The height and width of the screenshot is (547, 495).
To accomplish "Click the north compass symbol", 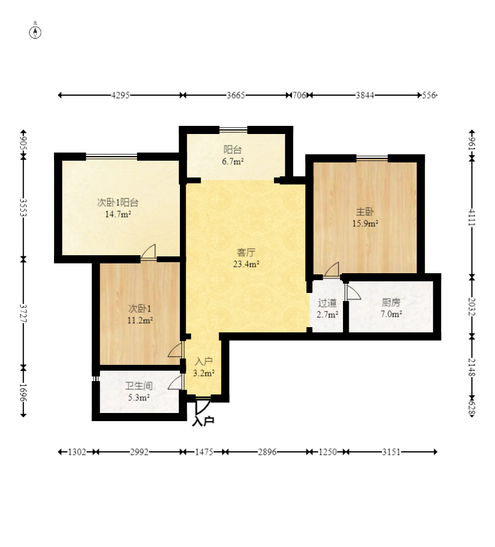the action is (x=35, y=32).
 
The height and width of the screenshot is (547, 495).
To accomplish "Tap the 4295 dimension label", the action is (x=121, y=95).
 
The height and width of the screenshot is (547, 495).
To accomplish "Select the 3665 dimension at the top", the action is (x=236, y=95).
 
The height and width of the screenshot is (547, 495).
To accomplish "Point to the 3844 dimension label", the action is (x=365, y=95).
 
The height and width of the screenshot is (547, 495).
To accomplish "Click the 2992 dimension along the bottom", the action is (x=139, y=452).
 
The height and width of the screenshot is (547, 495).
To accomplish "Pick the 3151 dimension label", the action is (x=391, y=452).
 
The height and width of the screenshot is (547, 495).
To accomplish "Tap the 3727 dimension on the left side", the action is (x=23, y=313).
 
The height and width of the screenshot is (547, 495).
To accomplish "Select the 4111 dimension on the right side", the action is (x=472, y=218).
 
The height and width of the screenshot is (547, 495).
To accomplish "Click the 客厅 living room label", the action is (x=246, y=252).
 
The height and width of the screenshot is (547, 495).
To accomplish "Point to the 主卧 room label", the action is (x=365, y=212).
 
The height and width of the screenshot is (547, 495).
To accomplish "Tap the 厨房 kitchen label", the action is (x=391, y=302).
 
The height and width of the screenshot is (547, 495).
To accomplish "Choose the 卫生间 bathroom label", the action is (x=139, y=386).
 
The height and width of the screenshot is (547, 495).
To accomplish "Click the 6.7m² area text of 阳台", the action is (x=233, y=161).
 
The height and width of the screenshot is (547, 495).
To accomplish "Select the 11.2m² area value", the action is (x=140, y=320).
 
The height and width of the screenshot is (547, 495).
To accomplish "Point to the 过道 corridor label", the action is (x=327, y=303).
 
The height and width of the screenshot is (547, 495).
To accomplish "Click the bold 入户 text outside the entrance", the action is (x=203, y=421).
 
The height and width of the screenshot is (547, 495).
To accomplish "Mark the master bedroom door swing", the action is (x=331, y=270).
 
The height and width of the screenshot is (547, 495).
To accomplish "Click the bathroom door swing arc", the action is (x=175, y=382).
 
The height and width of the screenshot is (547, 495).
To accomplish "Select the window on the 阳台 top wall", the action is (x=233, y=130).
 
